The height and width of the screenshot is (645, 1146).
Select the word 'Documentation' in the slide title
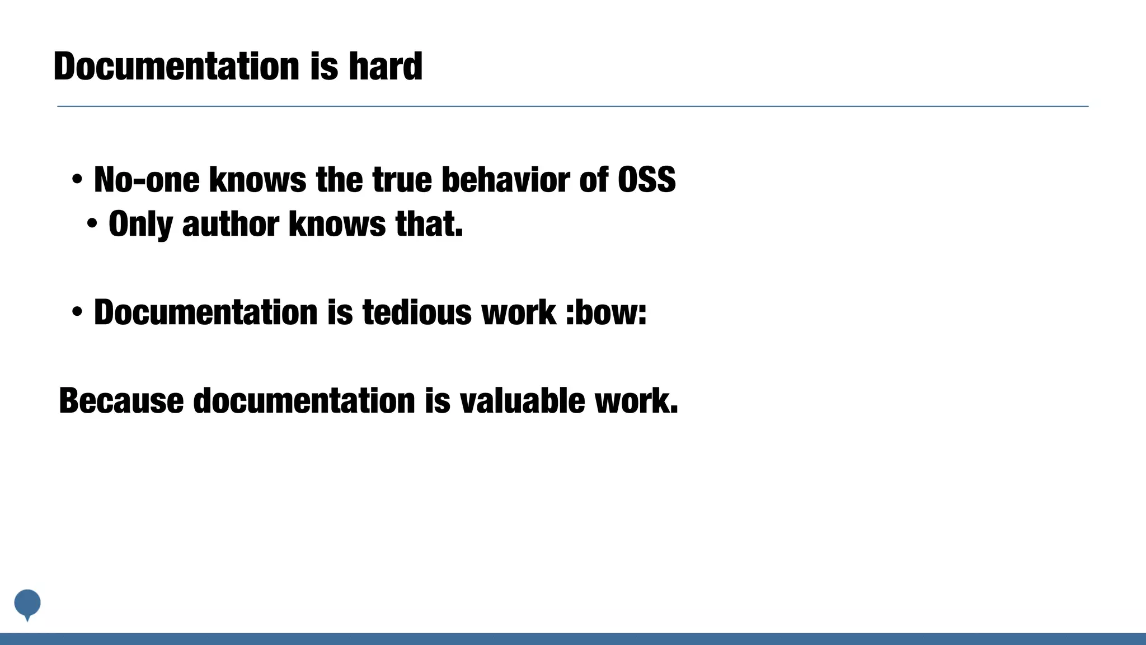point(177,66)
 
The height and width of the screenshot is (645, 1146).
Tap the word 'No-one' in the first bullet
point(147,180)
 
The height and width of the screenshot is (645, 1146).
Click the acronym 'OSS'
point(646,180)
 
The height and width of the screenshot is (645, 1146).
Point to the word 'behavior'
point(505,180)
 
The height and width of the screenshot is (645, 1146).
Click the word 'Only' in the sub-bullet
point(140,224)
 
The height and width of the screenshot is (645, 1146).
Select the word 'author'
point(231,224)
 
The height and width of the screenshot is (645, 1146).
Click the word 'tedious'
point(417,312)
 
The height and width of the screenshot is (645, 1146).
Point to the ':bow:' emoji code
point(606,312)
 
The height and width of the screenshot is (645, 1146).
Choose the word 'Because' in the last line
point(121,401)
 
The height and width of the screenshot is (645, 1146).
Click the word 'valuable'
point(522,401)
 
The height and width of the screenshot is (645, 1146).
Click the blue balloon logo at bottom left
point(27,604)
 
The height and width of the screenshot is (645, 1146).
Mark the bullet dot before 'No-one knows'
point(77,180)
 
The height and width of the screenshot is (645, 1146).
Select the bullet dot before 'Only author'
point(92,225)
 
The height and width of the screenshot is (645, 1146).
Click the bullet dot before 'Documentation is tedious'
point(77,312)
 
